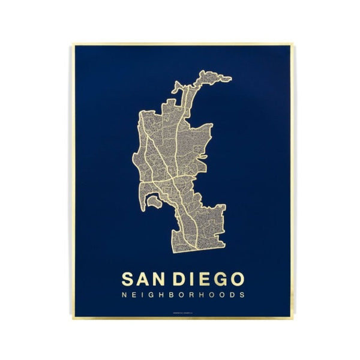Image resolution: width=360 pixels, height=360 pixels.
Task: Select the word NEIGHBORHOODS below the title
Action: click(183, 295)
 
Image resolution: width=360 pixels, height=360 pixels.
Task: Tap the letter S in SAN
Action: click(128, 279)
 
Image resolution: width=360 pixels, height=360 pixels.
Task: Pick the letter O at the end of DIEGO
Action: click(237, 279)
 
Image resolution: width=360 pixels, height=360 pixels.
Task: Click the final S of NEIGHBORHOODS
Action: click(242, 295)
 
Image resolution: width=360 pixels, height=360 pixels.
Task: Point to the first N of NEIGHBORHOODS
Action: click(124, 295)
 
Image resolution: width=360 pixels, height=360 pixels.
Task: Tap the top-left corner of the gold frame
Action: click(73, 44)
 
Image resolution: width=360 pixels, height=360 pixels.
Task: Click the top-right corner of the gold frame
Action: click(292, 44)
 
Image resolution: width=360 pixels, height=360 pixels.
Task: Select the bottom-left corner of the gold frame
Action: click(73, 317)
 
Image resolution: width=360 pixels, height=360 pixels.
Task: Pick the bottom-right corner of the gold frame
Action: click(293, 317)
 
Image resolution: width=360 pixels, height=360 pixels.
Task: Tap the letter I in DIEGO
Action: click(193, 279)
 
